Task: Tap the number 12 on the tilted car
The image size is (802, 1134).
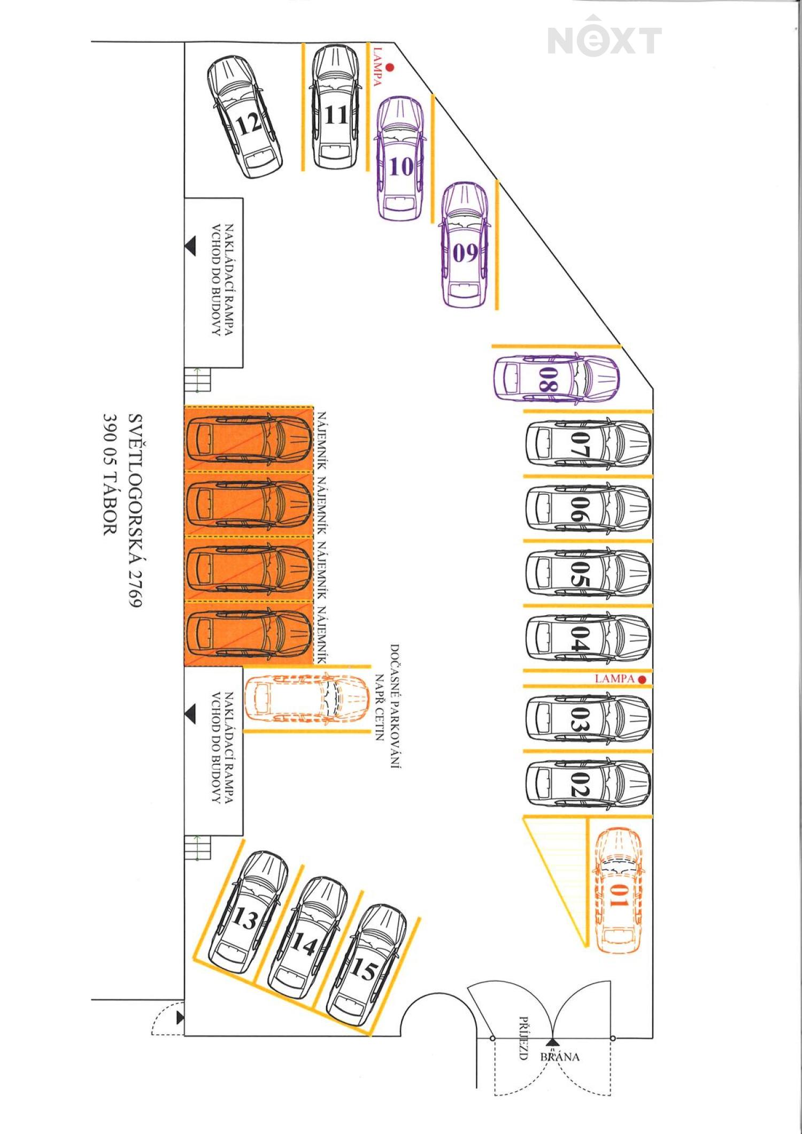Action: coord(249,124)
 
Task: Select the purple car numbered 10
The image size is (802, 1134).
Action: coord(401,158)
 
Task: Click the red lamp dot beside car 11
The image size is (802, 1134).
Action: coord(390,67)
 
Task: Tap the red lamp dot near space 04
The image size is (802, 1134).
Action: coord(642,679)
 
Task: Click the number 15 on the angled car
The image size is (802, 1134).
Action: coord(364,969)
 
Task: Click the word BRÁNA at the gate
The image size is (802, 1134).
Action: coord(560,1056)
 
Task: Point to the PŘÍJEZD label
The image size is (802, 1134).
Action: coord(524,1038)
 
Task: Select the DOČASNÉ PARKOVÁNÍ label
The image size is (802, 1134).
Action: coord(395,706)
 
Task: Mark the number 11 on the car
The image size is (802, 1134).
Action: coord(336,114)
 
